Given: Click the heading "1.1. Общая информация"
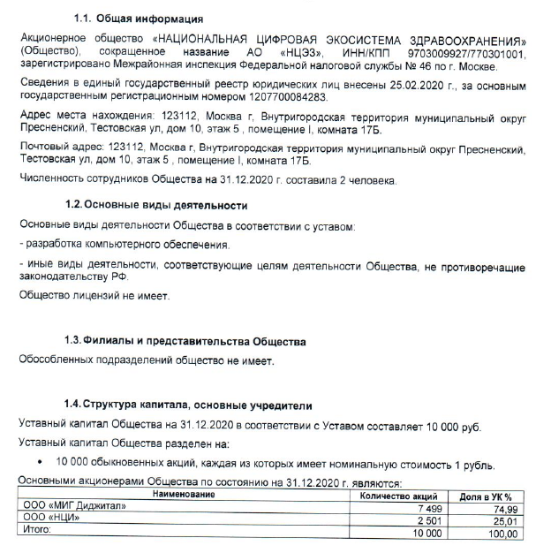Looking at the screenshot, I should [x=140, y=19].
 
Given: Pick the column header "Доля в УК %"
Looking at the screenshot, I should [x=487, y=495].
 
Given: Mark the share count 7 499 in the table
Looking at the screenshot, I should [x=426, y=508].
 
